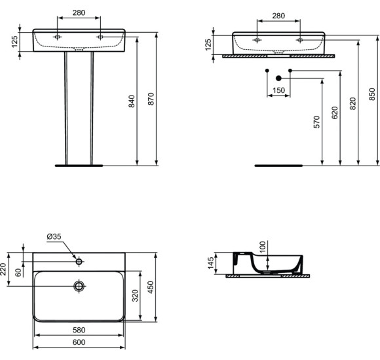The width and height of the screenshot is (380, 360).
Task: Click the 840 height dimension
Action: point(132,101)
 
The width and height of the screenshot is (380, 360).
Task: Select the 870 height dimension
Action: point(151,98)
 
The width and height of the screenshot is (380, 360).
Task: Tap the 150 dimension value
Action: point(278,91)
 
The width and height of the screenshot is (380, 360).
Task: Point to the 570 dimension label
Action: point(316,122)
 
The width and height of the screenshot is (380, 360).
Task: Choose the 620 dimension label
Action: point(335,113)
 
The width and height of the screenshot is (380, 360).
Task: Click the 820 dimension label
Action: point(352,103)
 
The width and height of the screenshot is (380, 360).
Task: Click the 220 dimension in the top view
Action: point(3,269)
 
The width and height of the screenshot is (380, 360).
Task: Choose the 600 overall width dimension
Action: point(79,342)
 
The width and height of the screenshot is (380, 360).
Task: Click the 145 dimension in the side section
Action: point(211,263)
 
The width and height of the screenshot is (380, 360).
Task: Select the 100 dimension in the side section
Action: point(263,247)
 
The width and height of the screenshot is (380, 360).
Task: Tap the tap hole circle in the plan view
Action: point(79,262)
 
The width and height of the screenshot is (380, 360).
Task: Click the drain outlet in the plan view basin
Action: point(79,286)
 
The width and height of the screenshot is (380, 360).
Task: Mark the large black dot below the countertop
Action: point(278,79)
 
